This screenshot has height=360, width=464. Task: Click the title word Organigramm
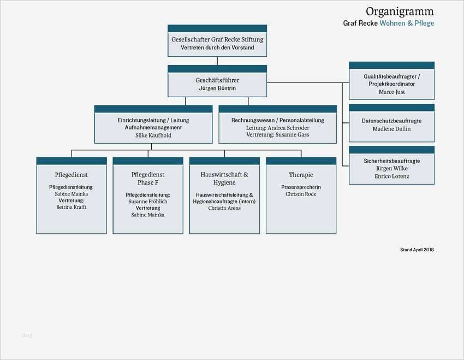400,11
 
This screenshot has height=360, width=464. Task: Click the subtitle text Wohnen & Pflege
407,23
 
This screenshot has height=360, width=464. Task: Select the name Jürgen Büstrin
217,88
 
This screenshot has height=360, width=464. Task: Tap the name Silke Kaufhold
153,135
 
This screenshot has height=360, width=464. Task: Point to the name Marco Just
391,92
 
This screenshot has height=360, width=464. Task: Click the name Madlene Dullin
391,129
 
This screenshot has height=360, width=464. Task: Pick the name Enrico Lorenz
391,176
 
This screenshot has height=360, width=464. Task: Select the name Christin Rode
301,194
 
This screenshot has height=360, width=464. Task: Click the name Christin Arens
224,208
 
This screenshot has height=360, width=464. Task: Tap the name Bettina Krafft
72,207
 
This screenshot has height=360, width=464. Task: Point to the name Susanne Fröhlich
148,202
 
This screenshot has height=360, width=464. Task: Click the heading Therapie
301,175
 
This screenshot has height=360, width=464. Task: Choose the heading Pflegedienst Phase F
148,179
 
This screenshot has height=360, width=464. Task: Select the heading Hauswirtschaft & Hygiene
224,179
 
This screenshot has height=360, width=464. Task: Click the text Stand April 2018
417,250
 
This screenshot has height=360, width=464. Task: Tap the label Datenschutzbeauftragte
391,121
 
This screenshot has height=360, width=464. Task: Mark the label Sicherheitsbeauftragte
391,161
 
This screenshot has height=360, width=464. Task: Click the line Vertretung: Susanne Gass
277,134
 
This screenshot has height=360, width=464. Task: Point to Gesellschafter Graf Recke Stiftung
217,40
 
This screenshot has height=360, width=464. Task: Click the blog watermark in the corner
27,335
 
